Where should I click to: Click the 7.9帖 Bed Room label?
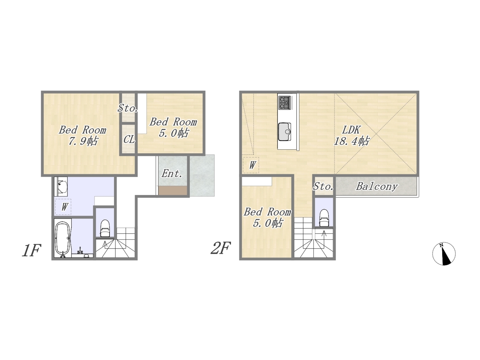[82, 136]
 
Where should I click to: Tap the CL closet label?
[129, 139]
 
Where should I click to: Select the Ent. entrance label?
[172, 174]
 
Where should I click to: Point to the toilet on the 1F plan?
[105, 228]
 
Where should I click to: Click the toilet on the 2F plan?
[324, 218]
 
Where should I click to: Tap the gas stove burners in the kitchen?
[285, 103]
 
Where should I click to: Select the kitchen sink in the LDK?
[285, 132]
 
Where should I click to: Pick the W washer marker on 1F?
[64, 207]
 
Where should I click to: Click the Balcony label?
[376, 187]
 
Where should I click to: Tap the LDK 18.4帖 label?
[351, 135]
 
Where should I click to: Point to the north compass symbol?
[444, 254]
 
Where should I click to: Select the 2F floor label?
[220, 248]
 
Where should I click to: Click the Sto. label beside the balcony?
[323, 186]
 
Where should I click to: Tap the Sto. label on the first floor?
[128, 108]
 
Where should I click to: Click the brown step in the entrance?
[173, 190]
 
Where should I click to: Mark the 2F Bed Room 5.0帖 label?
[267, 217]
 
